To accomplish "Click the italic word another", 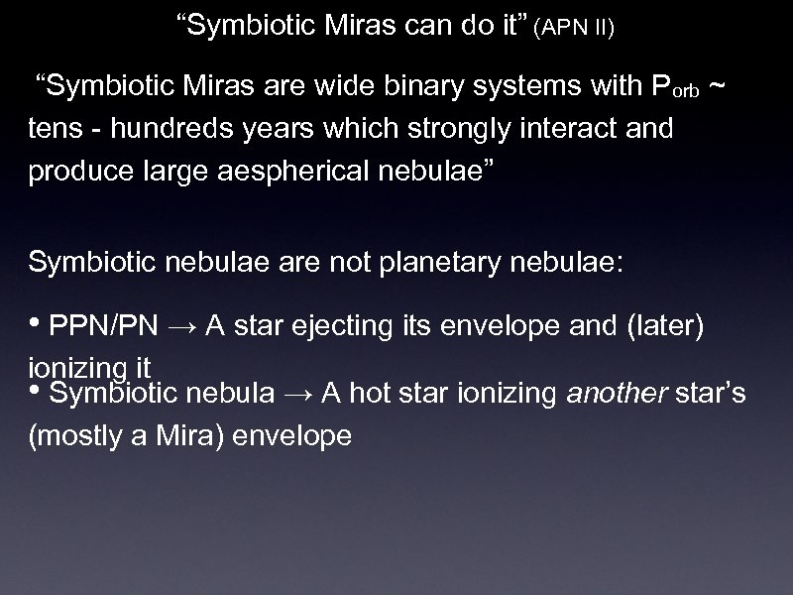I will pyautogui.click(x=606, y=394).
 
